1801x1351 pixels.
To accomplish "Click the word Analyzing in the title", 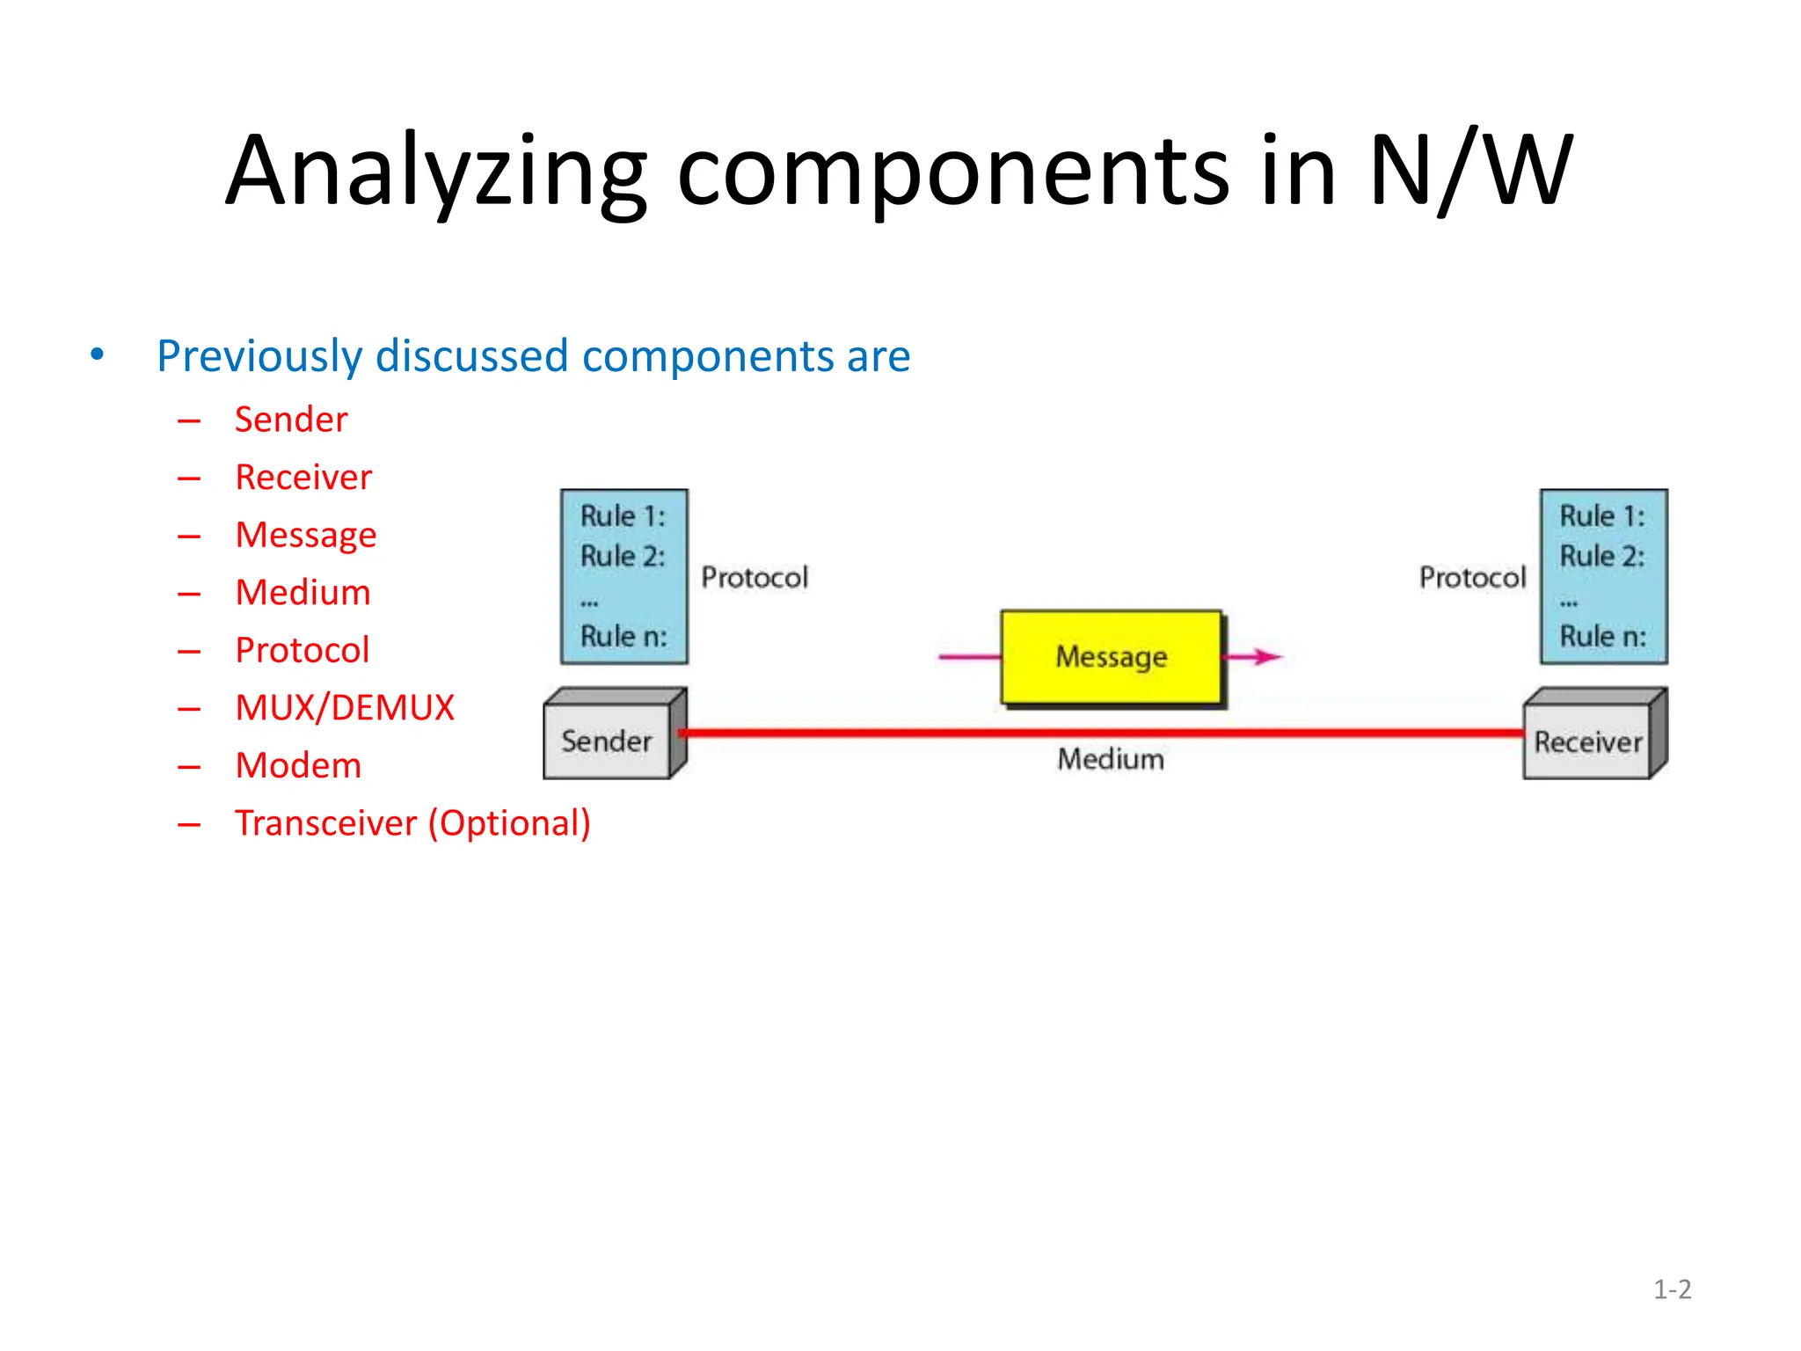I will tap(436, 172).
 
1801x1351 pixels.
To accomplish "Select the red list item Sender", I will tap(291, 420).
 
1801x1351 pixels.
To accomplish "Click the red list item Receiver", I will tap(303, 478).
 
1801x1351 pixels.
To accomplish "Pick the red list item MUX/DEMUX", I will tap(345, 708).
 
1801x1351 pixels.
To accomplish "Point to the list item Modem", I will tap(298, 765).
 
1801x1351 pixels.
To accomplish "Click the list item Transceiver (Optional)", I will tap(412, 823).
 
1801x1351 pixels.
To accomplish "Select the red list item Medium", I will tap(303, 593).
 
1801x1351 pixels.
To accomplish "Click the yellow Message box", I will tap(1112, 657).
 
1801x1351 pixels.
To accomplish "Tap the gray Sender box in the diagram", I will tap(607, 741).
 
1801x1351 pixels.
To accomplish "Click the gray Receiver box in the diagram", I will tap(1587, 742).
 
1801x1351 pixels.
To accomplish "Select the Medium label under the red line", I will tap(1111, 759).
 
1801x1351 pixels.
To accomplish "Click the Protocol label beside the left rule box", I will tap(755, 578).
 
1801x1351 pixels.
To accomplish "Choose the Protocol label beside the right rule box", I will tap(1472, 578).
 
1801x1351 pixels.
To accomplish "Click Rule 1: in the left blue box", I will tap(623, 516).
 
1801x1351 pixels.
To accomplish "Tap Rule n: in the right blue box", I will tap(1602, 636).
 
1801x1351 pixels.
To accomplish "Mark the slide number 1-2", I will tap(1672, 1289).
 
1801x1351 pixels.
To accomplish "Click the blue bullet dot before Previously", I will tap(98, 354).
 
